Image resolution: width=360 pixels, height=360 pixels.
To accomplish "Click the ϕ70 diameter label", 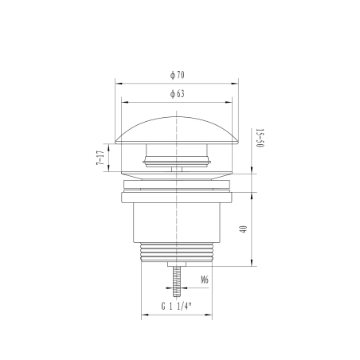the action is click(x=177, y=75).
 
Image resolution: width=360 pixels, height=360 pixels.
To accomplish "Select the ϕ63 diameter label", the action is click(x=177, y=94).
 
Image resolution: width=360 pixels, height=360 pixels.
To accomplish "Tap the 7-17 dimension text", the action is click(x=100, y=158).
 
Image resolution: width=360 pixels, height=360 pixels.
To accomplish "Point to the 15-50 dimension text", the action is click(x=260, y=138).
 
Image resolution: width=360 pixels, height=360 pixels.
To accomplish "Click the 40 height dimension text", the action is click(x=243, y=229).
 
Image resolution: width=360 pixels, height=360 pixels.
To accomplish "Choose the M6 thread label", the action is click(x=205, y=280).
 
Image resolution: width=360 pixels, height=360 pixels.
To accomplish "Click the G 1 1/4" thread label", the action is click(x=176, y=306).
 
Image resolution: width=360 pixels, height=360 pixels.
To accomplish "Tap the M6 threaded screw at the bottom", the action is click(x=177, y=281).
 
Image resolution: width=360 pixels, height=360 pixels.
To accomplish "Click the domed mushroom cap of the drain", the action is click(x=177, y=131).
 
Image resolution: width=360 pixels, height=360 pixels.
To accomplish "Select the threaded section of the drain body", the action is click(x=177, y=252).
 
